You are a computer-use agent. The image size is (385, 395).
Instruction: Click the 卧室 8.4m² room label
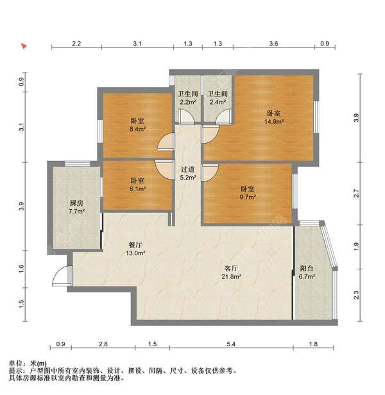click(137, 124)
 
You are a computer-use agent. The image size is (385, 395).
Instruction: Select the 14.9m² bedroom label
click(274, 117)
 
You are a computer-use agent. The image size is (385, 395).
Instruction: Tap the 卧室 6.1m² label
click(137, 185)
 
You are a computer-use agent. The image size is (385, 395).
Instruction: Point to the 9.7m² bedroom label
click(248, 193)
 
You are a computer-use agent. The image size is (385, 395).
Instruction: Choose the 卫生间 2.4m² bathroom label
click(218, 98)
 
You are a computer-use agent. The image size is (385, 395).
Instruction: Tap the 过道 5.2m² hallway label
click(187, 173)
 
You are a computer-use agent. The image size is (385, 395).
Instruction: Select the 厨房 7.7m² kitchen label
click(76, 206)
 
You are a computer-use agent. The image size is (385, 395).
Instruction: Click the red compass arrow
click(24, 46)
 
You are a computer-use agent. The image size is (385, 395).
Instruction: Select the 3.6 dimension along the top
click(273, 44)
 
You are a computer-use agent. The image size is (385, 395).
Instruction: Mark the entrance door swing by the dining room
click(60, 276)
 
